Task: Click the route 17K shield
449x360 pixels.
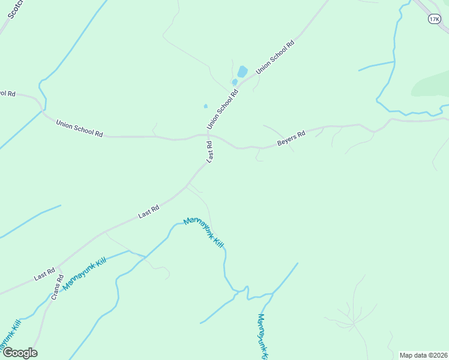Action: coord(434,20)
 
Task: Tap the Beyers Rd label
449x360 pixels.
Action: coord(291,138)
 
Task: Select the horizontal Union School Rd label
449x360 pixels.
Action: coord(79,128)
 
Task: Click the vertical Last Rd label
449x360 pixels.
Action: coord(210,152)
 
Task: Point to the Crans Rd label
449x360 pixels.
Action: coord(57,287)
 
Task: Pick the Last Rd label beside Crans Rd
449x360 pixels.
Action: coord(45,274)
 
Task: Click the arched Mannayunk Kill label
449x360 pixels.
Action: coord(204,232)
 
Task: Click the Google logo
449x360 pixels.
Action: coord(20,353)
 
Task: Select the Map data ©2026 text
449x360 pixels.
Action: coord(423,355)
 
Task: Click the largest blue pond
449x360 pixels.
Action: coord(242,72)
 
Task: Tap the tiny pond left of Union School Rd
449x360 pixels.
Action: coord(206,106)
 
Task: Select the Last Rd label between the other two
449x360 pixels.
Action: coord(148,211)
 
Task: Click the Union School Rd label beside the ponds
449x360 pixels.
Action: coord(223,109)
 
